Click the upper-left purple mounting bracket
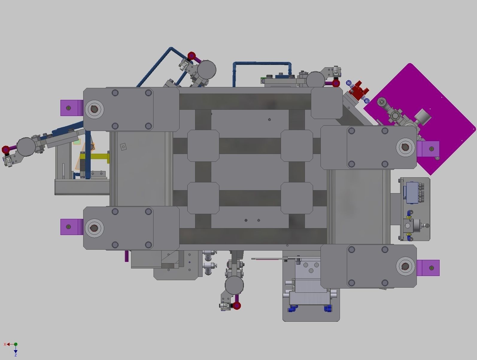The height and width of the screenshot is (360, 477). [71, 108]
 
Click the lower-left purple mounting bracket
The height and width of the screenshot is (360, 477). [71, 227]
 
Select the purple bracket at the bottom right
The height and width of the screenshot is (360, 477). [428, 268]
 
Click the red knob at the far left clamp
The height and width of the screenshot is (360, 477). [6, 150]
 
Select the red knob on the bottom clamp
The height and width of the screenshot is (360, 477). [237, 306]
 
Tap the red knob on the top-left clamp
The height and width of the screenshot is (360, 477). [192, 56]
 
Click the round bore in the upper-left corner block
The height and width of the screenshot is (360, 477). [94, 109]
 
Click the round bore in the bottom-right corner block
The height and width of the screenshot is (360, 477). [405, 266]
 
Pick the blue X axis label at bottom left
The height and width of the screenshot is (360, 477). [5, 344]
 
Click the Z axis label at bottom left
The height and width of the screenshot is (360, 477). [16, 355]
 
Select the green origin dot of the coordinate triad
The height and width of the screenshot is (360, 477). [16, 344]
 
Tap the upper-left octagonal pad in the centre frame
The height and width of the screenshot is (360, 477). [203, 146]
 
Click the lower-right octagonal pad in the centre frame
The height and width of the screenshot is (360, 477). [297, 198]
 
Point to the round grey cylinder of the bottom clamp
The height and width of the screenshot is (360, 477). [234, 285]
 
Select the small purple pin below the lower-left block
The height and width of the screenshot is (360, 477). [127, 256]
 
